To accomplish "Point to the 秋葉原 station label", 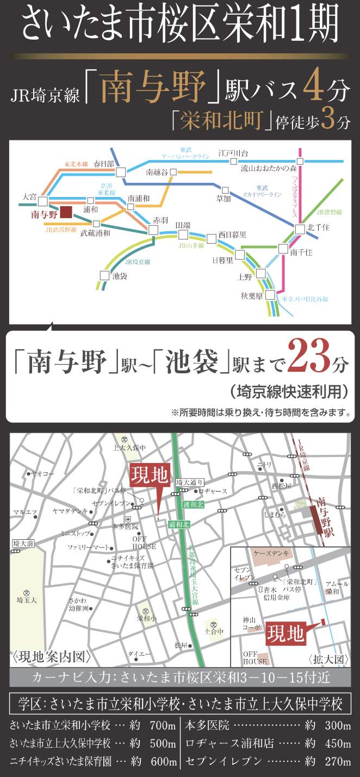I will [252, 297].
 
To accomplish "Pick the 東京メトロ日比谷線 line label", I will [305, 299].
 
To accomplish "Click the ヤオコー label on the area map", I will [44, 474].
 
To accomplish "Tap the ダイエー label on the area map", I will [136, 653].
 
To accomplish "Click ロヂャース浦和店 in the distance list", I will [224, 743].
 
